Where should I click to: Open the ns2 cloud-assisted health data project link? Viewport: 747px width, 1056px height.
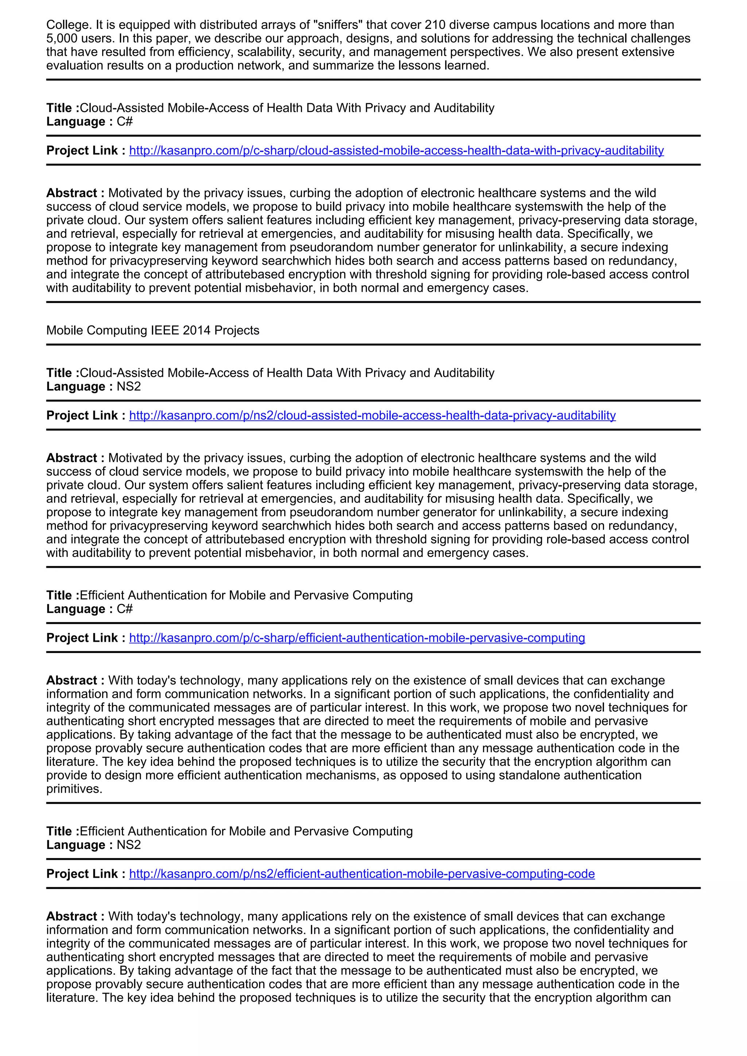pos(372,415)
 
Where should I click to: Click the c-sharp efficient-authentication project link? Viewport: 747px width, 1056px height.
pos(357,638)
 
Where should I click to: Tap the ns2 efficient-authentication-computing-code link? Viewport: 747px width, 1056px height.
pos(361,874)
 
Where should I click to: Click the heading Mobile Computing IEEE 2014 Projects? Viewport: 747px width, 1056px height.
pos(153,330)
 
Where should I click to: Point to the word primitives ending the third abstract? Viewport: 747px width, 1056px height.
pos(74,789)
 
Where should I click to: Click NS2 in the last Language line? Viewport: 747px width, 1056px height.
pos(129,845)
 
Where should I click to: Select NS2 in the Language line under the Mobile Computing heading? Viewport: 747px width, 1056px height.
pos(129,387)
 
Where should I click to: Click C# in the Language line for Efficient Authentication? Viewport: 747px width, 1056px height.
pos(125,609)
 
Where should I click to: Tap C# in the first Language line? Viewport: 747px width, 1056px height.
pos(125,121)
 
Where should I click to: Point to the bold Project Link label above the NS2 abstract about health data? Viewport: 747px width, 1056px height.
pos(86,415)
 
